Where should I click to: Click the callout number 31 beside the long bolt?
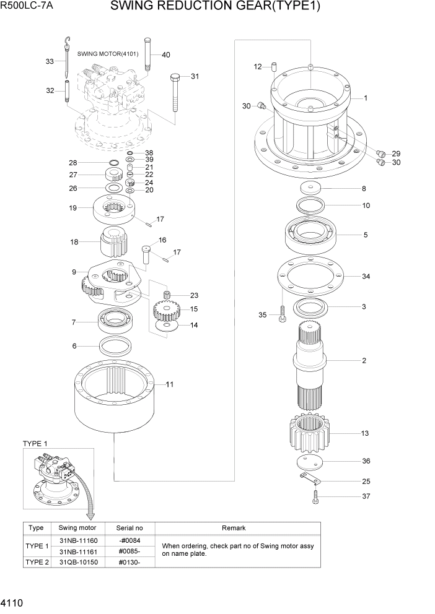click(195, 77)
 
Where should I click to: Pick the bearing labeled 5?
click(310, 235)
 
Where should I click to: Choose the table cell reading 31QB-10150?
click(77, 561)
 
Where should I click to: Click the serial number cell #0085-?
click(130, 551)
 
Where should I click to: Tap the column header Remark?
click(234, 528)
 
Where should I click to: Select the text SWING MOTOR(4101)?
click(108, 54)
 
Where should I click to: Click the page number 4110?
click(12, 602)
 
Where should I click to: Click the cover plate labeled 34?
click(310, 277)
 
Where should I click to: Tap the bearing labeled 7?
click(116, 321)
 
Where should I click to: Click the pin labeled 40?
click(149, 54)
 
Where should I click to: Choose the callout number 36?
click(366, 461)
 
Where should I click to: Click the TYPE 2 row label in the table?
click(36, 561)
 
